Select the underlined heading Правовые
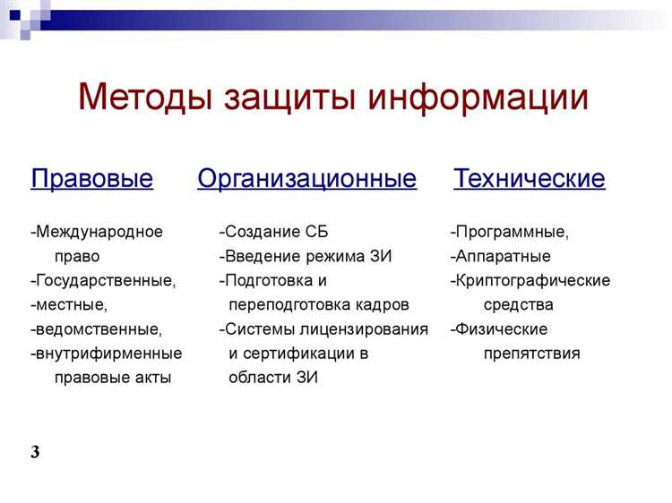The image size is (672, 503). point(91,179)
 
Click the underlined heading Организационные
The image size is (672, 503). point(306,179)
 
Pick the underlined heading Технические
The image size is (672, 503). point(529,179)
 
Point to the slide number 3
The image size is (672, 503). point(35,452)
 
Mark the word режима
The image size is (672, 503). point(336,256)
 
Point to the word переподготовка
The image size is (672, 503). point(297,304)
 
